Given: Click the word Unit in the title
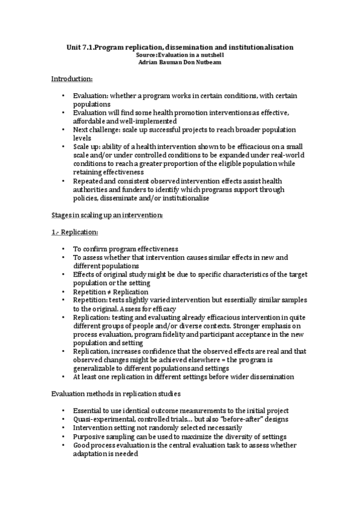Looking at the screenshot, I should [73, 46].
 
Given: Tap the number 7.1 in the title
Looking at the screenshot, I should [88, 46].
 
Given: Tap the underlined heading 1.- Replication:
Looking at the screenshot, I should [76, 232].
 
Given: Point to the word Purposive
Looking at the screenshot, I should [90, 436].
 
